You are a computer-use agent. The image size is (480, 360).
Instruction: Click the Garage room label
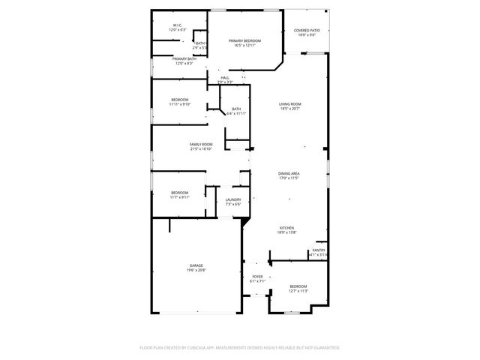[196, 265]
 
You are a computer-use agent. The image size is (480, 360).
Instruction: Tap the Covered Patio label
[307, 31]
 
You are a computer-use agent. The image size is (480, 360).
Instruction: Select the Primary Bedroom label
[244, 40]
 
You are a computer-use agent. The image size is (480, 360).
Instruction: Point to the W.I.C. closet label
[178, 25]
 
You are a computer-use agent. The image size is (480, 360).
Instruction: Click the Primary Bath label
[184, 58]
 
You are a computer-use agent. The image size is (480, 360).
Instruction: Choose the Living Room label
[290, 104]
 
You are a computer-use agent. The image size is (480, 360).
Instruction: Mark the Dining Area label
[289, 173]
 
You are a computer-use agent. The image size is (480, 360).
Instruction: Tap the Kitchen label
[287, 228]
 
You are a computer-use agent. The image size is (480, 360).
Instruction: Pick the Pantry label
[319, 250]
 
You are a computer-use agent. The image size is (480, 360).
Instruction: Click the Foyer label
[257, 277]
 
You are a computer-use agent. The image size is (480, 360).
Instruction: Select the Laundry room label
[233, 199]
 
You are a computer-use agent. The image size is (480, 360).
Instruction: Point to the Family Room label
[200, 144]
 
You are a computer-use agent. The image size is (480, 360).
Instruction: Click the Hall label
[225, 77]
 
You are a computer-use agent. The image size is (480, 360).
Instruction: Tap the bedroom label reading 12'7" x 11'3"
[298, 291]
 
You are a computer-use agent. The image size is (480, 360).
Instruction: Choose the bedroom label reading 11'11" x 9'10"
[180, 104]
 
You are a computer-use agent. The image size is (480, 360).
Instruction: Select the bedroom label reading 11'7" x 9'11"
[180, 197]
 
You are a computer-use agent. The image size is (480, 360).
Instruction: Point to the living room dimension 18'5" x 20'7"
[290, 109]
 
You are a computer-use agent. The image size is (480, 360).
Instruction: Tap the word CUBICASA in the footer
[203, 348]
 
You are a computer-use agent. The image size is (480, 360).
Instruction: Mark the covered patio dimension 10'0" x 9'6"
[307, 35]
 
